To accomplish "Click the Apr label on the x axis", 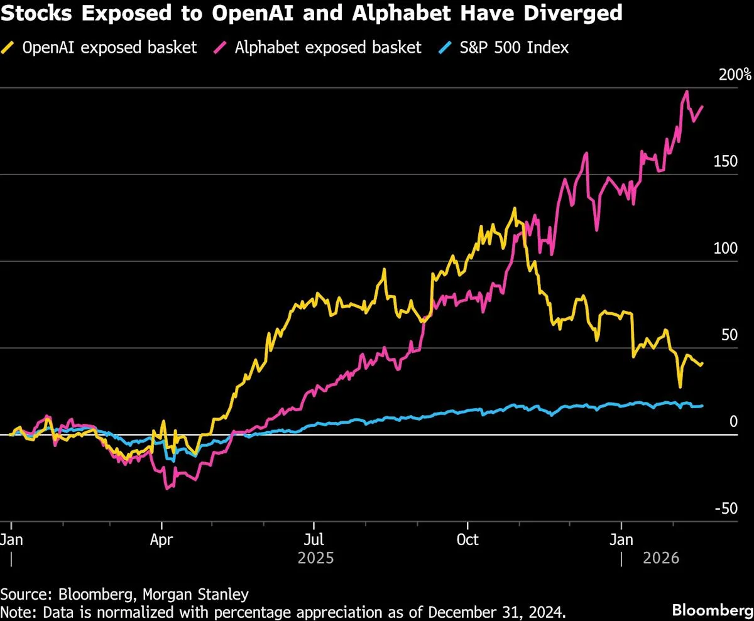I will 162,539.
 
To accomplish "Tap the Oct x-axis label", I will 468,539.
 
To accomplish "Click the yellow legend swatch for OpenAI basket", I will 8,47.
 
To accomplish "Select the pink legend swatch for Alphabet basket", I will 221,47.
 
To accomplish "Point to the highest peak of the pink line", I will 687,91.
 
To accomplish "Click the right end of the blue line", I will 702,406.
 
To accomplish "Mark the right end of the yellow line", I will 702,364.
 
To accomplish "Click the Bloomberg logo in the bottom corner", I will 712,609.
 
